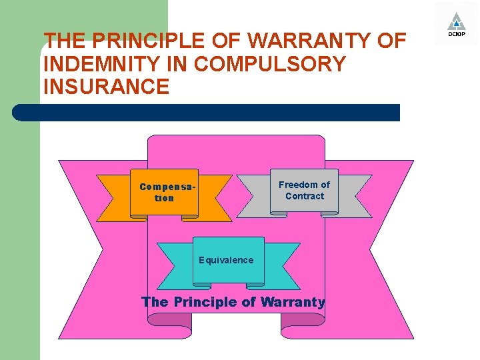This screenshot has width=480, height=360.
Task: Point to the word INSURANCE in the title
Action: pyautogui.click(x=106, y=87)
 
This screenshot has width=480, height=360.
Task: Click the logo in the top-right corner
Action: pyautogui.click(x=456, y=24)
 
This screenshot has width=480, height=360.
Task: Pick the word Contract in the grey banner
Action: pyautogui.click(x=305, y=196)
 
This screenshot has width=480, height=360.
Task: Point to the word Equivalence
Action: pyautogui.click(x=226, y=260)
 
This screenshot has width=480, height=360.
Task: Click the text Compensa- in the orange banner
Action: pyautogui.click(x=167, y=187)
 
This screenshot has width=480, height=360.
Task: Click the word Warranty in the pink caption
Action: pyautogui.click(x=293, y=302)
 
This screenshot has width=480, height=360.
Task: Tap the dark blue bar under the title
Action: pyautogui.click(x=207, y=113)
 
